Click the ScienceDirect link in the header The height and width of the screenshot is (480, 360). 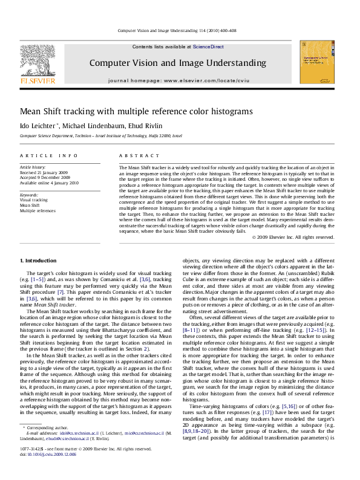pos(208,47)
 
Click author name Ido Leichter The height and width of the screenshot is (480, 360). pos(38,125)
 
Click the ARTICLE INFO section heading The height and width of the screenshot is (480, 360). pos(48,156)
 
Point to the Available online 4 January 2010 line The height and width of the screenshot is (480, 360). pos(49,183)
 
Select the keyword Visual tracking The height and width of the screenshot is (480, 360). pos(34,201)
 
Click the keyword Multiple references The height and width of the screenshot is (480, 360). pos(38,211)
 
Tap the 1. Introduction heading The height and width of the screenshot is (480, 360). pos(38,261)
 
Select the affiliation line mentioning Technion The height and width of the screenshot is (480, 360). pos(100,136)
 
